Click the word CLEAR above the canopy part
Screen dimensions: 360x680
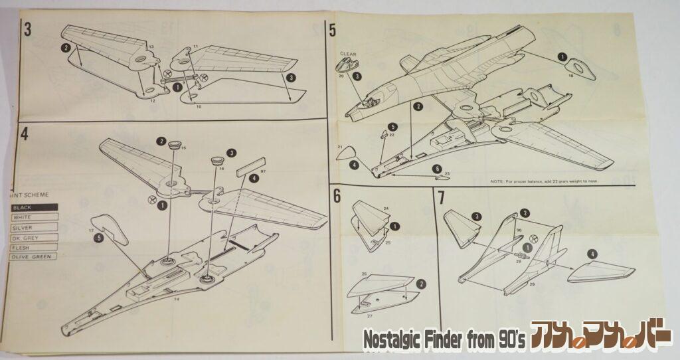pyautogui.click(x=349, y=53)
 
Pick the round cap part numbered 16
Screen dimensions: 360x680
pyautogui.click(x=217, y=160)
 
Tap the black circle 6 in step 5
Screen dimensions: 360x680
pyautogui.click(x=436, y=169)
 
